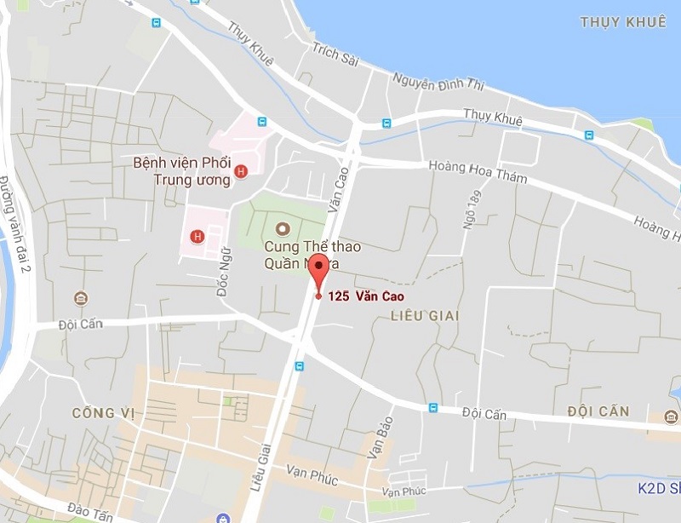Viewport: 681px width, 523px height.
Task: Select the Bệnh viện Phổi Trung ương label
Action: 182,170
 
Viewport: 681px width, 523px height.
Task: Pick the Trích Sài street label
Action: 335,56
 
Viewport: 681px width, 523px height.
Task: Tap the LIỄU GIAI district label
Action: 424,316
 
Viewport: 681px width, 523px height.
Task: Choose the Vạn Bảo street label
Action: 382,439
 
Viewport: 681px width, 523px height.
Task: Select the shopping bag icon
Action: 222,517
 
